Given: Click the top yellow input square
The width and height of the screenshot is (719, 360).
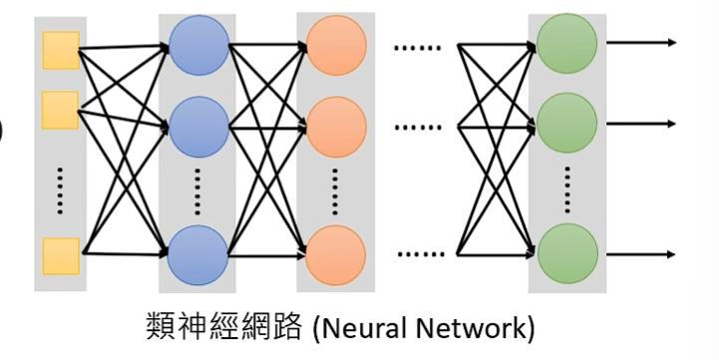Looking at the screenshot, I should (x=61, y=51).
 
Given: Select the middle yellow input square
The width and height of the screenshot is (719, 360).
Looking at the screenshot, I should (x=61, y=110).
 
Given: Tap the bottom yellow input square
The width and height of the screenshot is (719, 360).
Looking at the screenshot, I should (x=61, y=256).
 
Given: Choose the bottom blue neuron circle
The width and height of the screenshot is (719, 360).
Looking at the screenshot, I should (x=196, y=254).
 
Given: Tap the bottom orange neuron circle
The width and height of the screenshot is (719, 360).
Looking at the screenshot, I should (x=334, y=254).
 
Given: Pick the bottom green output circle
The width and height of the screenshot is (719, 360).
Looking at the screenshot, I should (x=566, y=254).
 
